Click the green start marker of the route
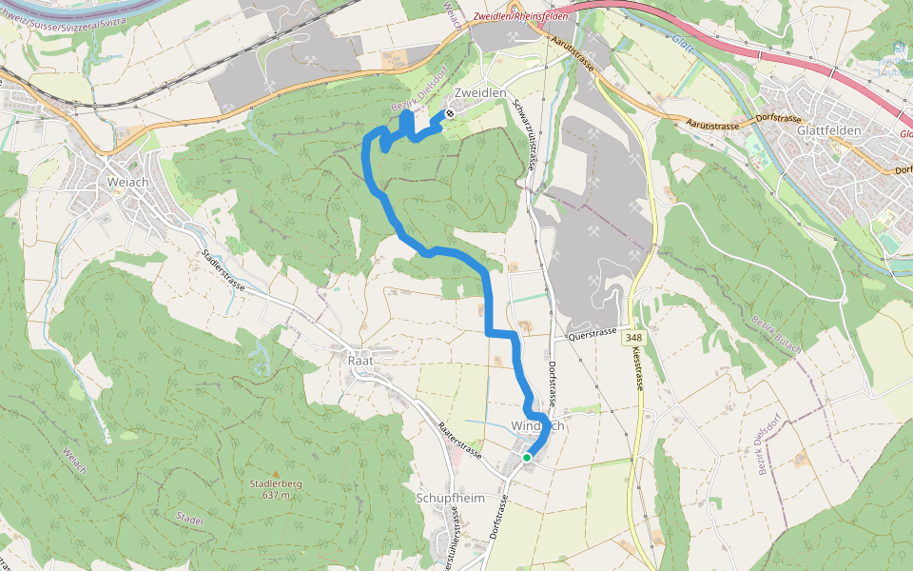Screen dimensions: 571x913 tap(527, 458)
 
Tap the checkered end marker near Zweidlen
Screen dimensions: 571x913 tap(449, 114)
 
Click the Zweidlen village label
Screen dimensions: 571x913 tap(479, 92)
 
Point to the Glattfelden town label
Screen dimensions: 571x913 tap(829, 130)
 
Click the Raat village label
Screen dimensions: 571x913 tap(363, 361)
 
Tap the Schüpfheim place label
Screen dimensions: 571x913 tap(450, 498)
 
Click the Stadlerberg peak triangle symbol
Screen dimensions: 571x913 tap(276, 473)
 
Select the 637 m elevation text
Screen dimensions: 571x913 tap(276, 495)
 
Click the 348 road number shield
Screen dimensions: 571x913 tap(634, 339)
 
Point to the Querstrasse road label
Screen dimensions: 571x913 tap(592, 334)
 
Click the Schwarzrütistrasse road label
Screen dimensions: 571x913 tap(522, 133)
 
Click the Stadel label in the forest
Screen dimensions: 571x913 tap(190, 519)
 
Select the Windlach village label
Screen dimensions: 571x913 tap(538, 426)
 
